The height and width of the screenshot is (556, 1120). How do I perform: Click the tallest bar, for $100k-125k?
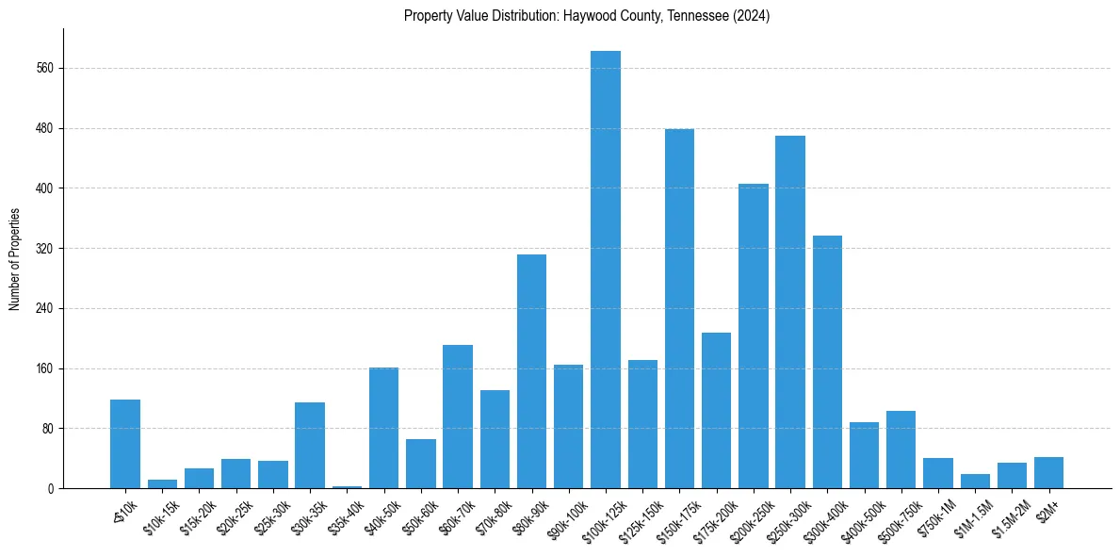(606, 270)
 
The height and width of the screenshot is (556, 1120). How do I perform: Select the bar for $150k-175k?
(679, 308)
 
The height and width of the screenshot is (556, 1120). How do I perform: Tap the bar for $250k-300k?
(790, 312)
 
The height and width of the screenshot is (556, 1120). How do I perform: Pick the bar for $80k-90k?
(531, 371)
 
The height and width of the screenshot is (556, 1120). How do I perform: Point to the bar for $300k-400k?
(827, 362)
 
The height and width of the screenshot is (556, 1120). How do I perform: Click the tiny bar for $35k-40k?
(347, 486)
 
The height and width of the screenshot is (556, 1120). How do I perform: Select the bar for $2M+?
(1048, 472)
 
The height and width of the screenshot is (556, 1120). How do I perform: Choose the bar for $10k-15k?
(162, 483)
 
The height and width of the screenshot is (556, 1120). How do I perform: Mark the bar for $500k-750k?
(901, 450)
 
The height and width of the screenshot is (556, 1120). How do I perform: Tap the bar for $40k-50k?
(383, 428)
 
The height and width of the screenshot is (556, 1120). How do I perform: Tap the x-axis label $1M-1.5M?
(970, 515)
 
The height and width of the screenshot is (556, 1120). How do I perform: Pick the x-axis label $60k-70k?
(454, 514)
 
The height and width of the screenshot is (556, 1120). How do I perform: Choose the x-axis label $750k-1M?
(933, 515)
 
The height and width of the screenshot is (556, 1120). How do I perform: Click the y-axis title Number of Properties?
(15, 259)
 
